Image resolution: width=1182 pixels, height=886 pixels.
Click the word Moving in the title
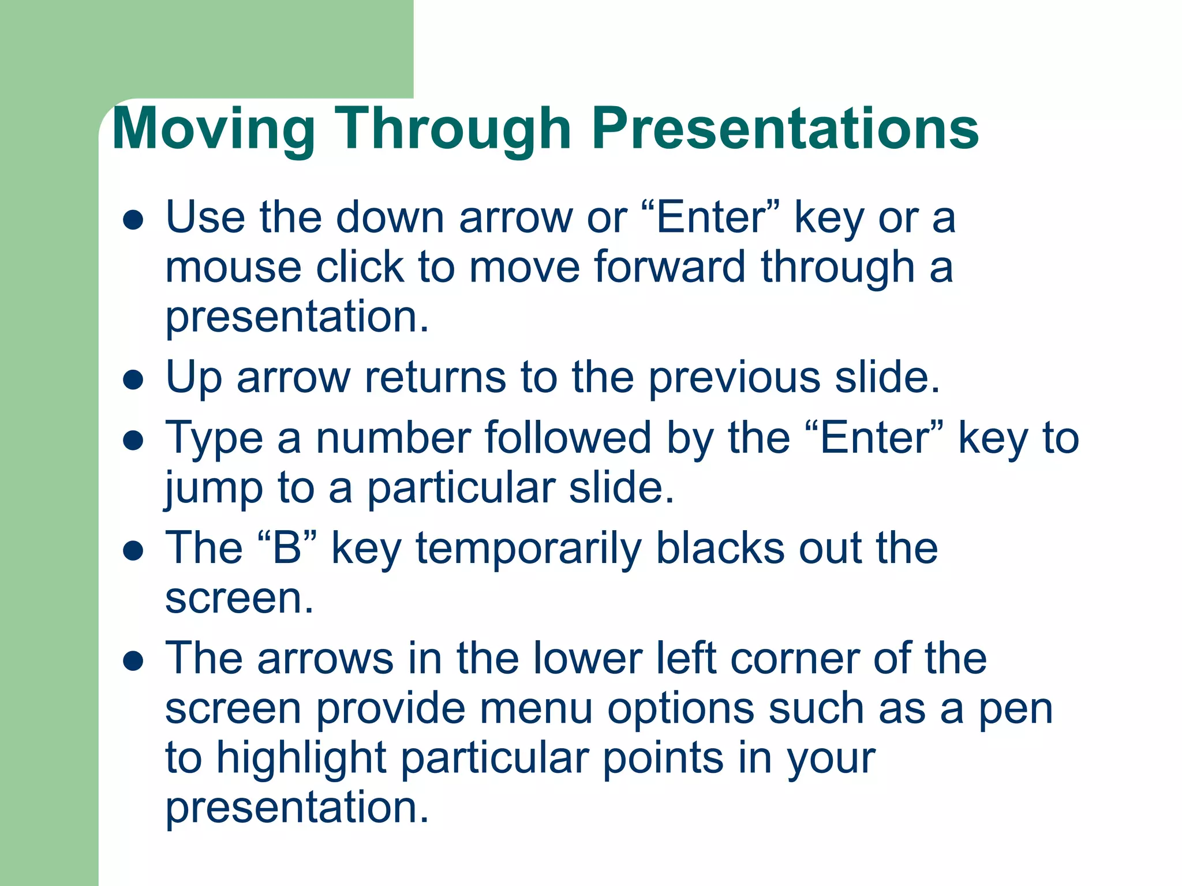click(x=213, y=130)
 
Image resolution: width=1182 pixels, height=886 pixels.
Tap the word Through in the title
click(x=453, y=130)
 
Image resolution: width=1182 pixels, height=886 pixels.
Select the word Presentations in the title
click(x=785, y=130)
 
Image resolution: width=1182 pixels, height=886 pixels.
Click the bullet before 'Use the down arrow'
click(x=133, y=220)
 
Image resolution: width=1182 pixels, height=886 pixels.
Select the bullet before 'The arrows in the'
click(x=133, y=660)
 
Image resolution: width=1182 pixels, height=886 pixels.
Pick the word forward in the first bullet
click(x=669, y=268)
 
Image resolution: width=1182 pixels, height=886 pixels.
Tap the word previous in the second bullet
click(x=735, y=378)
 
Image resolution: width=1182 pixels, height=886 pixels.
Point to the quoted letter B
click(x=287, y=548)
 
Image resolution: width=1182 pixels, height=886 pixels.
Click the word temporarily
click(x=528, y=548)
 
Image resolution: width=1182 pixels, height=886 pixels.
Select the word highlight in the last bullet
click(x=301, y=759)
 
